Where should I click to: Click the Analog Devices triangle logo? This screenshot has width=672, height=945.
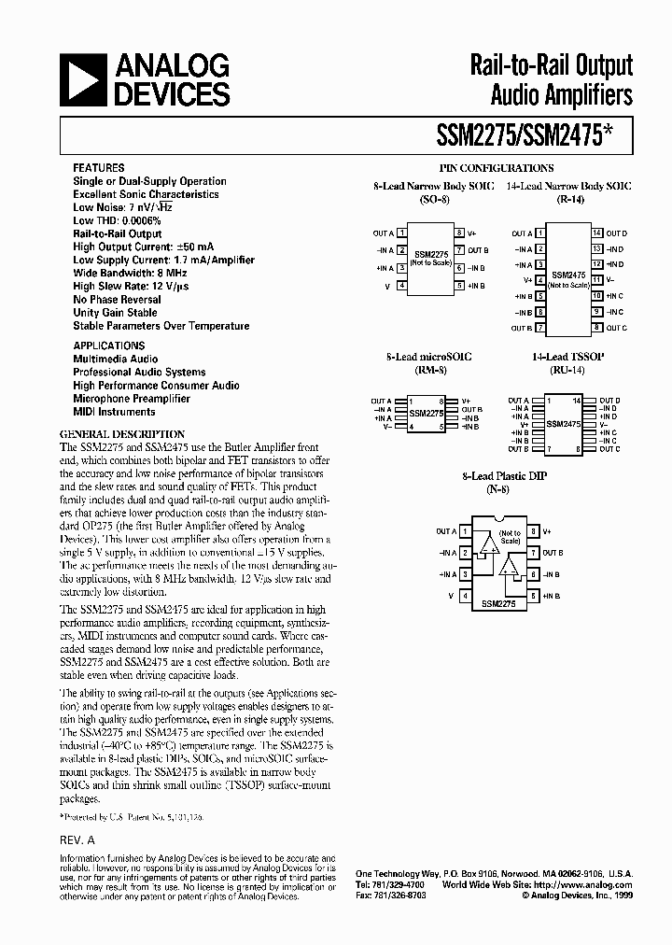(81, 79)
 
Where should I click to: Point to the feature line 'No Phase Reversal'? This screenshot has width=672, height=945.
(117, 300)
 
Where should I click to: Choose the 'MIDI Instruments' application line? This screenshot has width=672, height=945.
(114, 411)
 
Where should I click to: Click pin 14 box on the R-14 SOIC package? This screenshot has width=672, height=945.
(596, 233)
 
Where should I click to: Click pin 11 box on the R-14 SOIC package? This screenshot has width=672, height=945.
(596, 280)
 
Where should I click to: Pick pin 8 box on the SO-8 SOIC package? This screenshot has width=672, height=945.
(460, 233)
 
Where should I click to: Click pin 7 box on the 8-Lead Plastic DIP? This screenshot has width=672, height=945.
(533, 553)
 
